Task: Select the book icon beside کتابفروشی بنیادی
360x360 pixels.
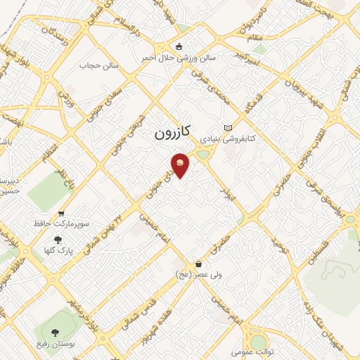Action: point(227,127)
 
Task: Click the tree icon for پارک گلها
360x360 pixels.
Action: point(58,239)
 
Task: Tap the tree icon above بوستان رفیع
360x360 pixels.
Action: point(54,331)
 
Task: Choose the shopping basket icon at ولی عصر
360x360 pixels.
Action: point(200,264)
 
